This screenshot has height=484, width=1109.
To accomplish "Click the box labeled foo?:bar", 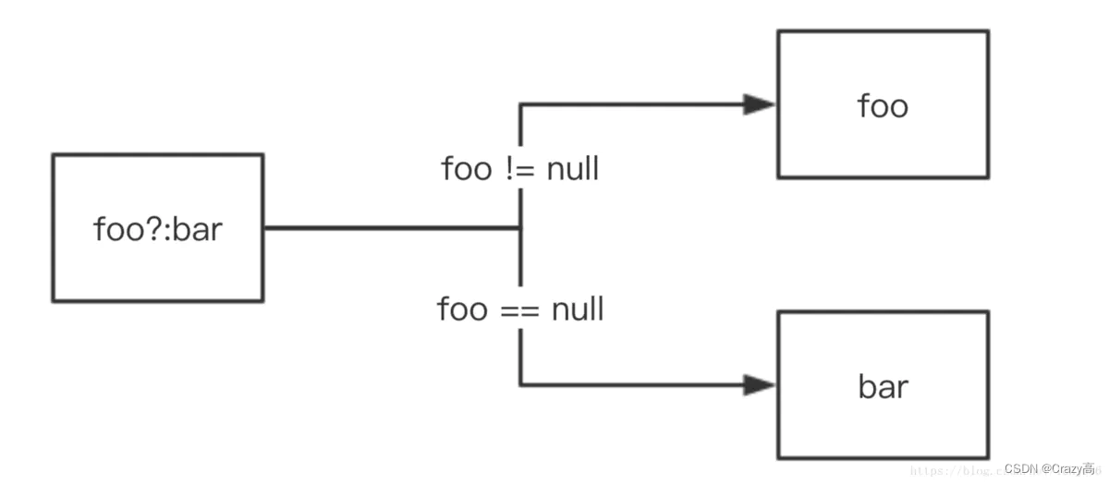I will tap(157, 228).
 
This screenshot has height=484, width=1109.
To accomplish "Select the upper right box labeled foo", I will tap(883, 103).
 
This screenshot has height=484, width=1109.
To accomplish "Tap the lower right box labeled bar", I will tap(883, 384).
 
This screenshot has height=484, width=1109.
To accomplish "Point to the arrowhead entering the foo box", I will tap(760, 104).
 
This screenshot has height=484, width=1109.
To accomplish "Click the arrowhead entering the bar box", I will tap(760, 384).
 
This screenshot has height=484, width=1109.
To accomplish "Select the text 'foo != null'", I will tap(520, 169).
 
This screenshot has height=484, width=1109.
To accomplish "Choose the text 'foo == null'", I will tap(520, 309).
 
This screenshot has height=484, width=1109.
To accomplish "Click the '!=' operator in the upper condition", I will tap(518, 169).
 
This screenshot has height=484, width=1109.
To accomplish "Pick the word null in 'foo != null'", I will tap(573, 169).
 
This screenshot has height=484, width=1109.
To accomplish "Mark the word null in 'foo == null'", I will tap(578, 309).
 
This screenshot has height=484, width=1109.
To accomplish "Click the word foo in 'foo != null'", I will tap(466, 169).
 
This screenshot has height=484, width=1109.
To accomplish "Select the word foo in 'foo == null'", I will tap(462, 309).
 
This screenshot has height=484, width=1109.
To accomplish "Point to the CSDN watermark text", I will tap(1049, 469).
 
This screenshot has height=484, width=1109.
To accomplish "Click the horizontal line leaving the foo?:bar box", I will tap(388, 228).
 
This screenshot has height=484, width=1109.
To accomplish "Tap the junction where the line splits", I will tap(520, 228).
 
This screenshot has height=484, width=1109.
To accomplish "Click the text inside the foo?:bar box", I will tap(157, 228).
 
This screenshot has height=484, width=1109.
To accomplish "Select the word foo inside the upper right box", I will tap(883, 105).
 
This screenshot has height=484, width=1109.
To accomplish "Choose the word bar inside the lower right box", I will tap(883, 386).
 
